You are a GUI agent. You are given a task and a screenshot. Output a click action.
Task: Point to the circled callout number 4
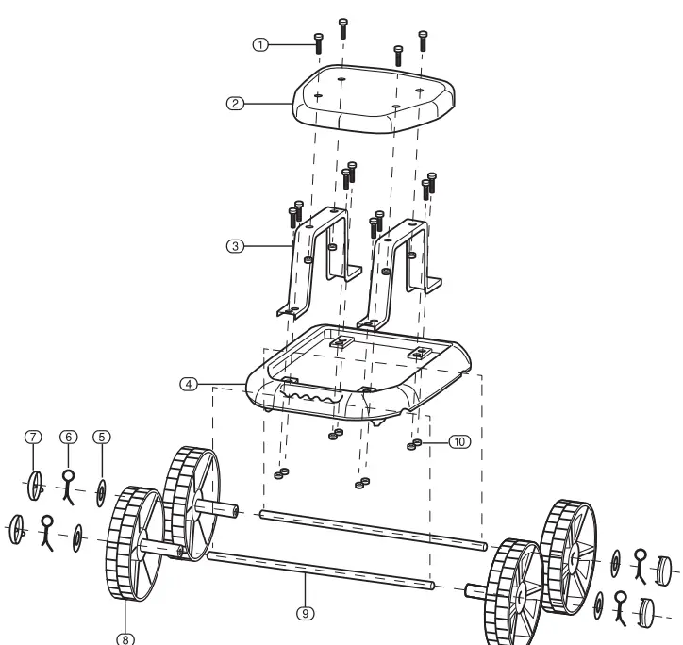pyautogui.click(x=191, y=384)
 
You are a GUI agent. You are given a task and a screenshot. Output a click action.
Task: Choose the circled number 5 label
pyautogui.click(x=101, y=437)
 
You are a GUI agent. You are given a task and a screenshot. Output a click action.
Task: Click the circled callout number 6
pyautogui.click(x=67, y=437)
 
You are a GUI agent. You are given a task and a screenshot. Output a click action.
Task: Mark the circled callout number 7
pyautogui.click(x=33, y=437)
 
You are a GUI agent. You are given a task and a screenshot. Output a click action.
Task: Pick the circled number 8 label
pyautogui.click(x=125, y=638)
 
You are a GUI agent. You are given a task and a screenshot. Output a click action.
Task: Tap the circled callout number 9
pyautogui.click(x=304, y=613)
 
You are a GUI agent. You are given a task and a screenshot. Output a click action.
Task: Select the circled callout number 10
pyautogui.click(x=458, y=440)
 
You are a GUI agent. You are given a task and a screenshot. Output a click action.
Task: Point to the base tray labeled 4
pyautogui.click(x=358, y=377)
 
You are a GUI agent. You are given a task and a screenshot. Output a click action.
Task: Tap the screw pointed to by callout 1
pyautogui.click(x=318, y=42)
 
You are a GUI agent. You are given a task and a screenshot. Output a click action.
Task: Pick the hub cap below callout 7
pyautogui.click(x=36, y=485)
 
